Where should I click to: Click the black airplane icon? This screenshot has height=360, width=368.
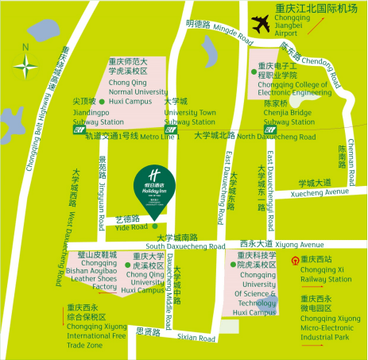click(x=259, y=23)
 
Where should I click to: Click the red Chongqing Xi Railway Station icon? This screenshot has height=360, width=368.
click(x=295, y=260)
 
